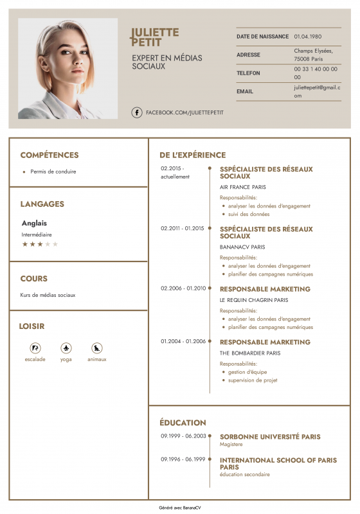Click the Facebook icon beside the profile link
[x=137, y=112]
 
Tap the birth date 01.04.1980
[x=308, y=37]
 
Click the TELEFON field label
[x=248, y=73]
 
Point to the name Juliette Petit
[x=155, y=37]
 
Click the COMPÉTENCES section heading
[x=50, y=155]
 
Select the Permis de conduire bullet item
[x=53, y=172]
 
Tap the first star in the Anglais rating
[x=25, y=244]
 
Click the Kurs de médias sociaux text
[x=48, y=295]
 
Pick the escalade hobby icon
[x=35, y=348]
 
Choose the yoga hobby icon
[x=66, y=348]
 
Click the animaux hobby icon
[x=97, y=348]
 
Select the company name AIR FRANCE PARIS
[x=242, y=187]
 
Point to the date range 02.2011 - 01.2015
[x=182, y=228]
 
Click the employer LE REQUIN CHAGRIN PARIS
[x=254, y=300]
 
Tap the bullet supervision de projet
[x=253, y=380]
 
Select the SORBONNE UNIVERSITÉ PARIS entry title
[x=270, y=437]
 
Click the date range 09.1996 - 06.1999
[x=183, y=459]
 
